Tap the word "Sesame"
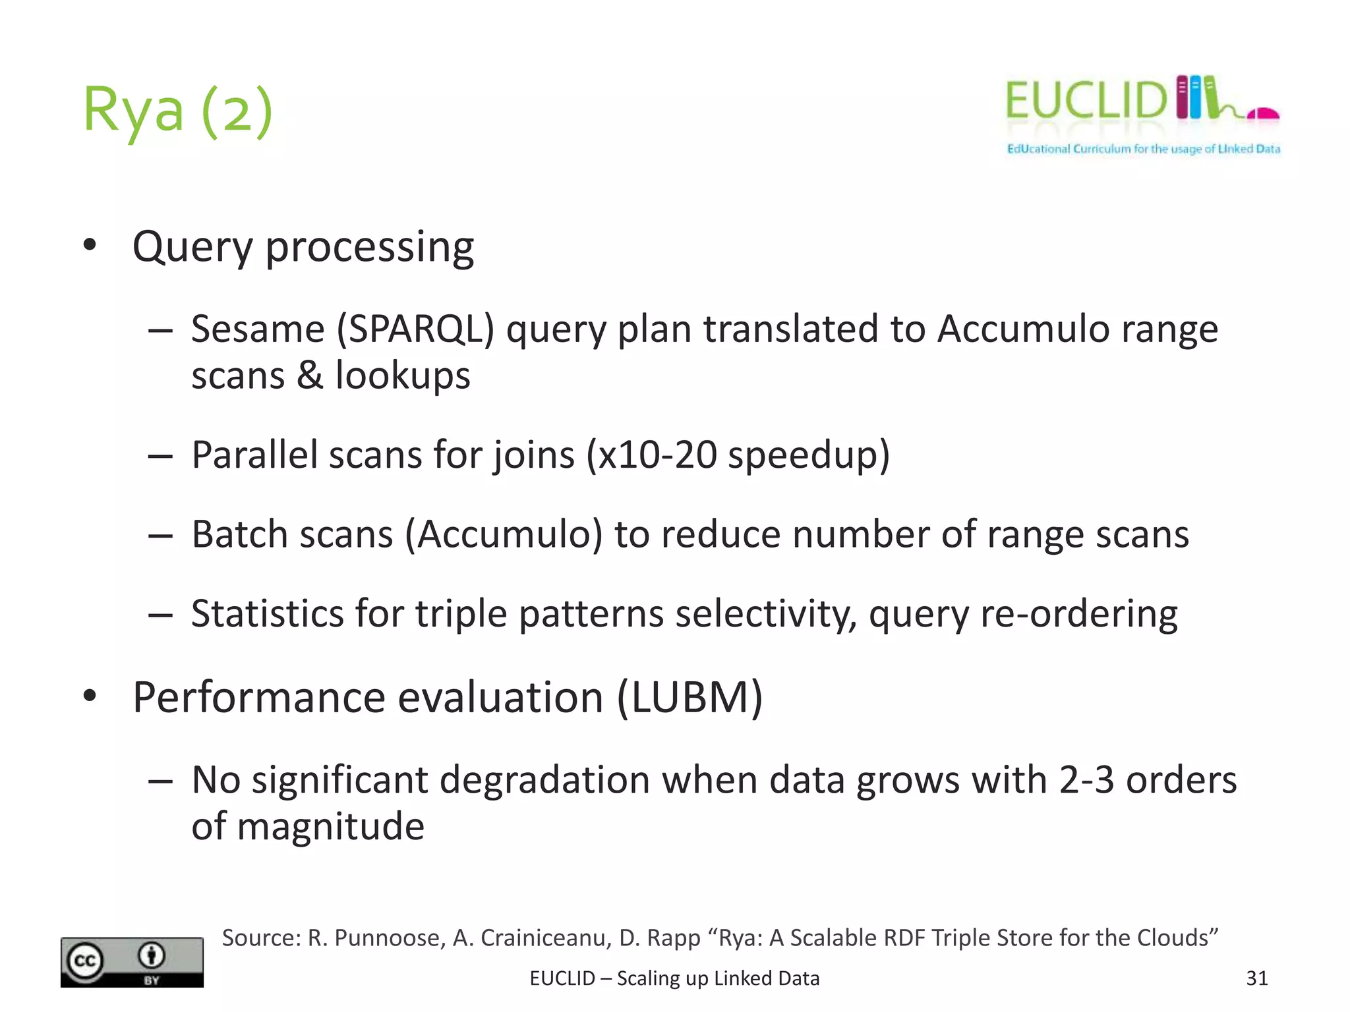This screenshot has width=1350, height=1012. tap(258, 329)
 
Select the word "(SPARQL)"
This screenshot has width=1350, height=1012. tap(415, 329)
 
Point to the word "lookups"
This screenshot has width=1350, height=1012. tap(403, 376)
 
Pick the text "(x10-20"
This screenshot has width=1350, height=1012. tap(651, 455)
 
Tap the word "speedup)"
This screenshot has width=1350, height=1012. tap(809, 455)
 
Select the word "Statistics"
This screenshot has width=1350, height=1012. tap(267, 614)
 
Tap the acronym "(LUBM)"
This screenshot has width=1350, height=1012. tap(690, 697)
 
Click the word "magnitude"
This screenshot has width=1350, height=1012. tap(330, 826)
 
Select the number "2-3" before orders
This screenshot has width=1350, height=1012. tap(1086, 780)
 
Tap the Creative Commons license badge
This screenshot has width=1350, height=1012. tap(132, 962)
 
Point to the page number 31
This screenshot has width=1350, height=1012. tap(1256, 978)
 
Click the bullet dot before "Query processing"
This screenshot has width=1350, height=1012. tap(90, 246)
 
